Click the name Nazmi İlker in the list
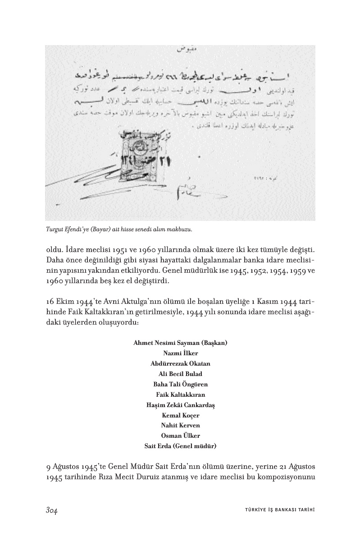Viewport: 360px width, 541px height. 180,353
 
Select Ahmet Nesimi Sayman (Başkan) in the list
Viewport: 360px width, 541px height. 180,343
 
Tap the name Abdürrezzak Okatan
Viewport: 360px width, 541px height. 180,363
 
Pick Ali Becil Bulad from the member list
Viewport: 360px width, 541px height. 180,374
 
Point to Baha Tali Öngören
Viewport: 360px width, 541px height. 180,384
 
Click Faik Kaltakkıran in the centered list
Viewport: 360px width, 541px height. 180,394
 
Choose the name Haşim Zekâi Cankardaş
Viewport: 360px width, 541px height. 180,405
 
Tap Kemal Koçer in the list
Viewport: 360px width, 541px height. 180,415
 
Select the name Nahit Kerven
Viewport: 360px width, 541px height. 180,426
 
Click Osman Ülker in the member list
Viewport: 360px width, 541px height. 180,436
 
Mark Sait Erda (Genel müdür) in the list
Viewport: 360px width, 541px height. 180,446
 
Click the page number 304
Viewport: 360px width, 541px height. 53,510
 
